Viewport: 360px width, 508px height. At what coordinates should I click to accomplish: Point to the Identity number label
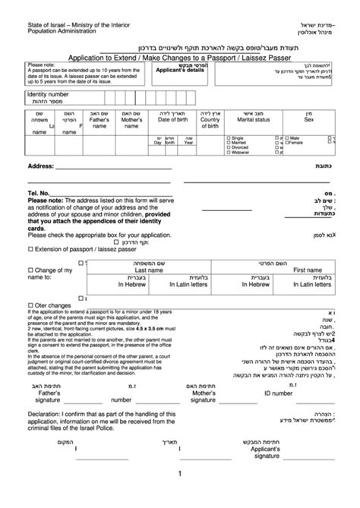click(x=53, y=94)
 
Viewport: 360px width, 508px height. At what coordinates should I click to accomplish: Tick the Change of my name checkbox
click(x=30, y=270)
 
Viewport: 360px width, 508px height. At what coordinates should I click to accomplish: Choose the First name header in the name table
click(x=309, y=270)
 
